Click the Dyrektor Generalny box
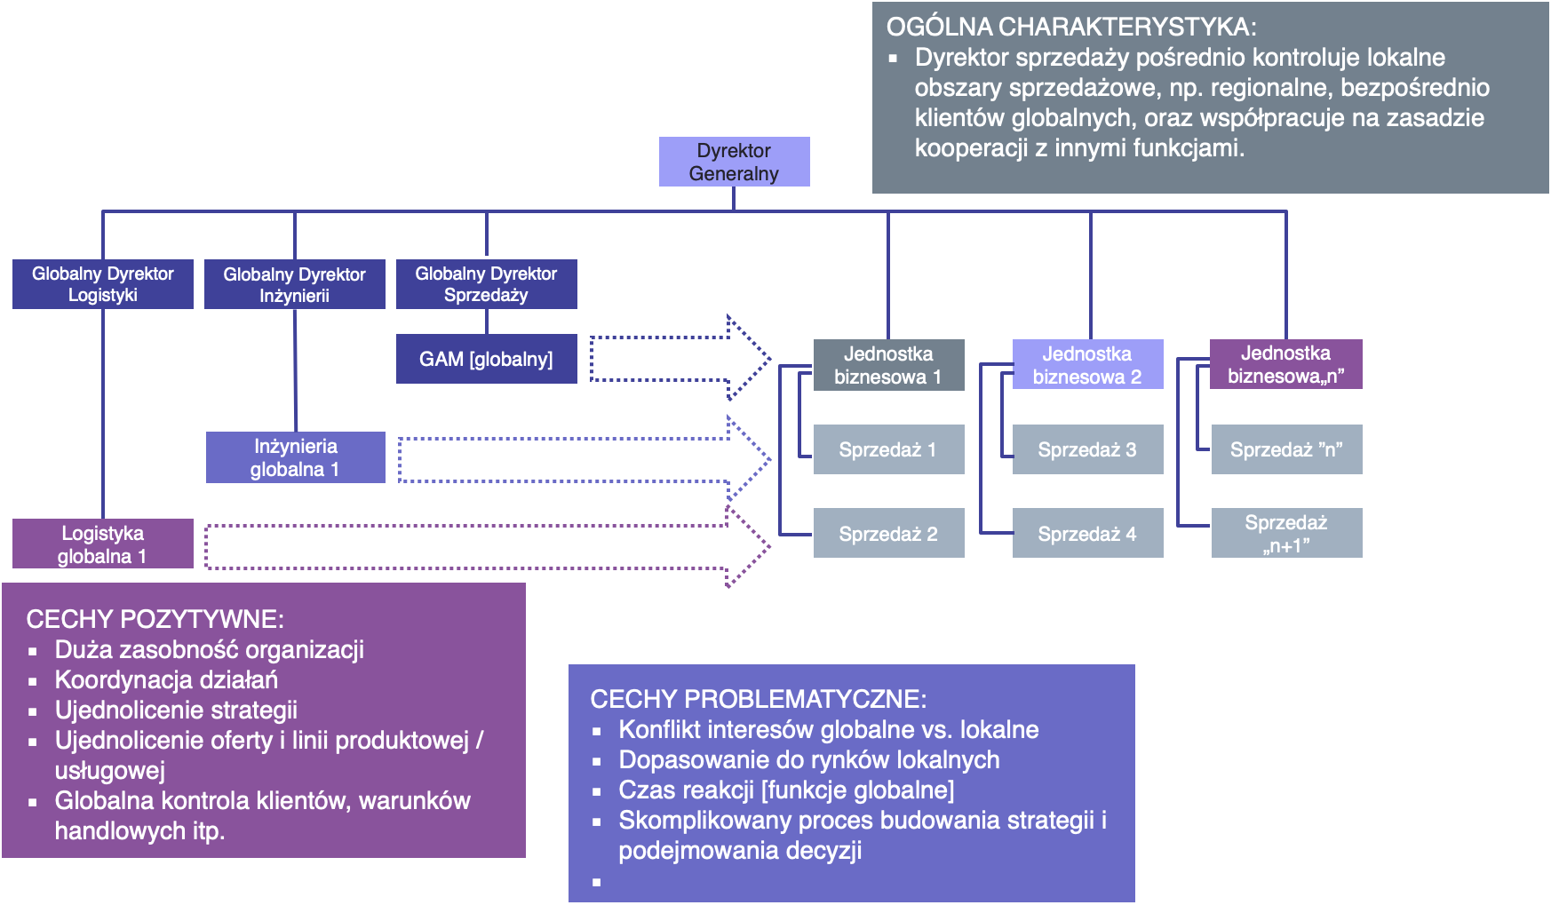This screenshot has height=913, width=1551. [734, 162]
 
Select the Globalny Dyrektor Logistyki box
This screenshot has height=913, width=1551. [103, 284]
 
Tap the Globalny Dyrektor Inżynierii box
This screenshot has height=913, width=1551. [294, 284]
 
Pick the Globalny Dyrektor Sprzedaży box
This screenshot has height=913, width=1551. [486, 284]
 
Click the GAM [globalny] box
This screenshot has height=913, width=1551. [486, 359]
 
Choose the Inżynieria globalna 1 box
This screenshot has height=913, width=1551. [295, 457]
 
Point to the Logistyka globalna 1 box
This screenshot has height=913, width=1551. [103, 544]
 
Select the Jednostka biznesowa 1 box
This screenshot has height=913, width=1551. [888, 365]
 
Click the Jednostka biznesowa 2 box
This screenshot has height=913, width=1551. [1087, 365]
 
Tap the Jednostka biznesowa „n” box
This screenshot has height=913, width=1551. [1285, 364]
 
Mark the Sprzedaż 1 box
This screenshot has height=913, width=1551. [888, 449]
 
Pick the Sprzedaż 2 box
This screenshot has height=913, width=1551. [888, 533]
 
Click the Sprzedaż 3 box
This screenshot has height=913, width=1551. [1087, 449]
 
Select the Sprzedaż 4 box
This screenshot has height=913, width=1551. [1087, 533]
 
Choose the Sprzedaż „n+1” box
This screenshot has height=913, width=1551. [1286, 533]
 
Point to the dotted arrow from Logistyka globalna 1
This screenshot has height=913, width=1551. [480, 546]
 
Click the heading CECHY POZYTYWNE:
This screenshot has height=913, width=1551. [155, 619]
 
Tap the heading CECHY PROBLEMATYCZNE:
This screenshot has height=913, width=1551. [758, 699]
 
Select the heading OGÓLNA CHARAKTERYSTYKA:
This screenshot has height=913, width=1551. [1071, 27]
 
